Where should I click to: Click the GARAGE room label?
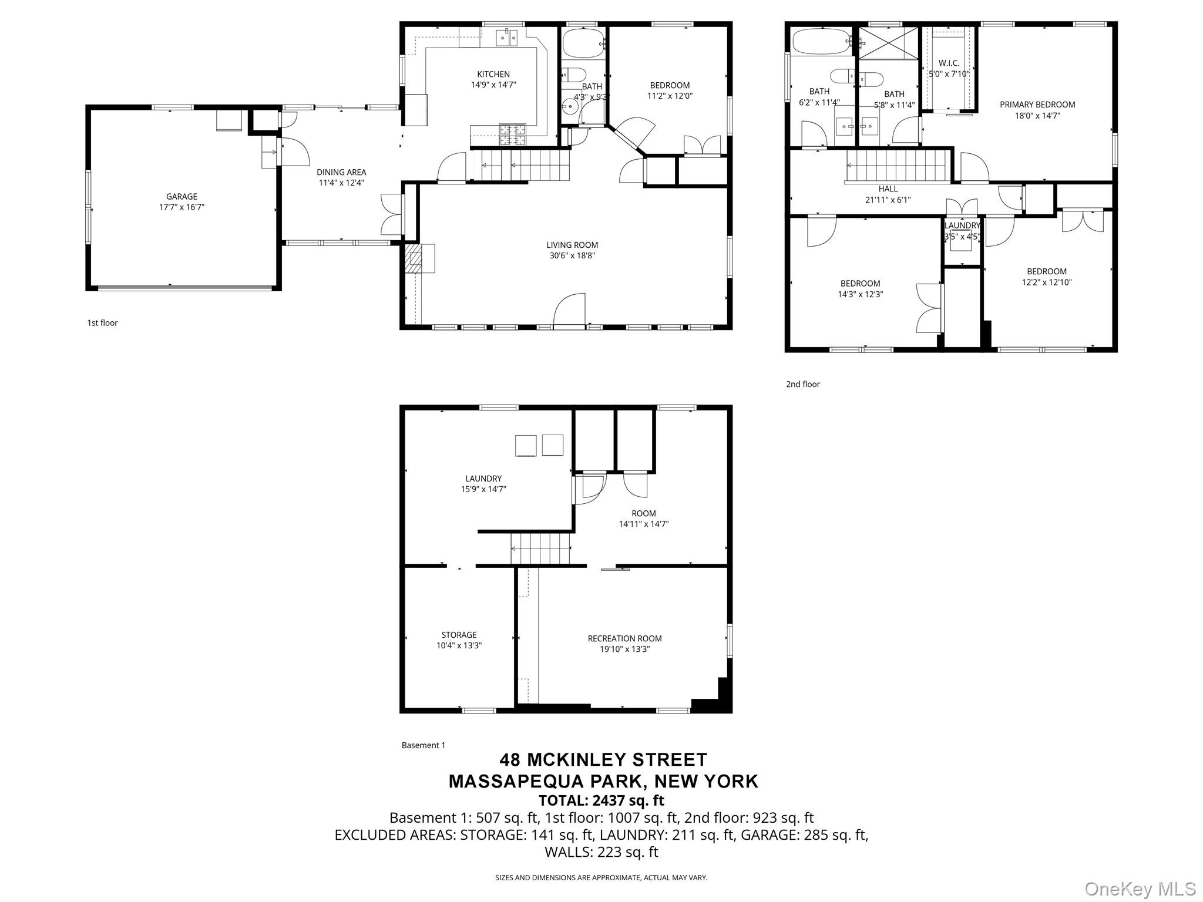[182, 197]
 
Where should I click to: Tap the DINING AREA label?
[341, 172]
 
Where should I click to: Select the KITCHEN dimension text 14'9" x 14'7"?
[493, 85]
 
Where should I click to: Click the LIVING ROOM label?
[572, 245]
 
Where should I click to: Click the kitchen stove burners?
[513, 135]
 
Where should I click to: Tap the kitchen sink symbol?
[507, 38]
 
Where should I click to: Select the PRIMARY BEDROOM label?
[1037, 105]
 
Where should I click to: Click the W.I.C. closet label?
[949, 63]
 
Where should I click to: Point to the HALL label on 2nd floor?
[888, 189]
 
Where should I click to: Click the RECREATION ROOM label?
[624, 638]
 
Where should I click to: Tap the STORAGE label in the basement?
[459, 635]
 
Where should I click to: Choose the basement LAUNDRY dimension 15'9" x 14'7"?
[483, 489]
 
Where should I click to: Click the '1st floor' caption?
[102, 323]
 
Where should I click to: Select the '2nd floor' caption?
[803, 384]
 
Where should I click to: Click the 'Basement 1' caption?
[424, 745]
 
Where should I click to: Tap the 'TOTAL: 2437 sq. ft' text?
[601, 800]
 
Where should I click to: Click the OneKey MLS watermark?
[1140, 888]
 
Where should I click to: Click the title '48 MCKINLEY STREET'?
[603, 760]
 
